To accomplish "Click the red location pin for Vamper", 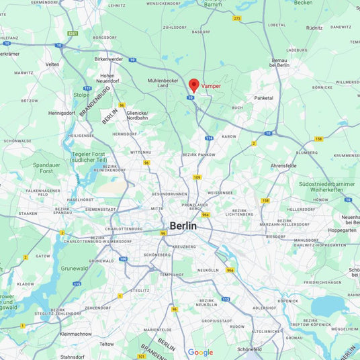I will pyautogui.click(x=193, y=85).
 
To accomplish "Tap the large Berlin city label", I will pyautogui.click(x=183, y=226).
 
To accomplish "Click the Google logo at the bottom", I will pyautogui.click(x=200, y=353).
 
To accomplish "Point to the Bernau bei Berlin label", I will pyautogui.click(x=278, y=62).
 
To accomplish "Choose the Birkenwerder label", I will pyautogui.click(x=109, y=59).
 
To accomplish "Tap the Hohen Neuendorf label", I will pyautogui.click(x=107, y=79).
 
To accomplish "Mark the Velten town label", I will pyautogui.click(x=52, y=64).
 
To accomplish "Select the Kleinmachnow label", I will pyautogui.click(x=75, y=333).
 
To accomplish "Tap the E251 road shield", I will pyautogui.click(x=73, y=33).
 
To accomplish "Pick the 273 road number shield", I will pyautogui.click(x=237, y=18).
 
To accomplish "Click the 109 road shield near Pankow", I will pyautogui.click(x=197, y=177).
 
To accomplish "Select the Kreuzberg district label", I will pyautogui.click(x=184, y=247).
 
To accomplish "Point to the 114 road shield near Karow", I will pyautogui.click(x=210, y=138).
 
